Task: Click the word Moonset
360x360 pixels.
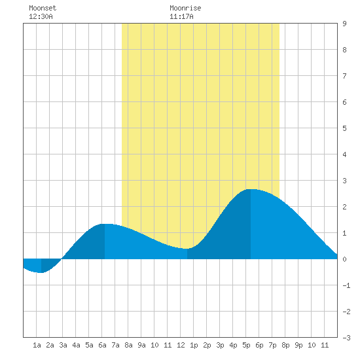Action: [43, 8]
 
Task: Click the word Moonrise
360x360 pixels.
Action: [185, 8]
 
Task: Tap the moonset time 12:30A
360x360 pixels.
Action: [41, 16]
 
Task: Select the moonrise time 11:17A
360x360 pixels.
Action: [181, 16]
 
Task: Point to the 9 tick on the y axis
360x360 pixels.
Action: [344, 24]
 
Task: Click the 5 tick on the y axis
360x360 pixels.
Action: [344, 128]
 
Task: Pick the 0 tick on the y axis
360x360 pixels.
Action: [344, 259]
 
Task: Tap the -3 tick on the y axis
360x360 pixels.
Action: [346, 338]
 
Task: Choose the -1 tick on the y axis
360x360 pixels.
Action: [346, 285]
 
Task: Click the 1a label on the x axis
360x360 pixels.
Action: [37, 345]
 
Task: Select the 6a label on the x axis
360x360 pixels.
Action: [102, 345]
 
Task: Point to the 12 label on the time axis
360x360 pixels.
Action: [181, 345]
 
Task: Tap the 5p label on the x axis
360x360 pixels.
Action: [246, 345]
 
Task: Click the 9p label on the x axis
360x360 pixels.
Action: [298, 345]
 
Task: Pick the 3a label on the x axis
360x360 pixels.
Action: [63, 345]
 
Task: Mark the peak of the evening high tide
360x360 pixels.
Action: [251, 189]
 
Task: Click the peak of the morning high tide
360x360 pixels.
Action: [105, 224]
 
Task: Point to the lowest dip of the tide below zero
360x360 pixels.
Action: [41, 272]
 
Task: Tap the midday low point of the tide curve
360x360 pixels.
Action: [187, 249]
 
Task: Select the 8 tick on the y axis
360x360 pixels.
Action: [344, 50]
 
